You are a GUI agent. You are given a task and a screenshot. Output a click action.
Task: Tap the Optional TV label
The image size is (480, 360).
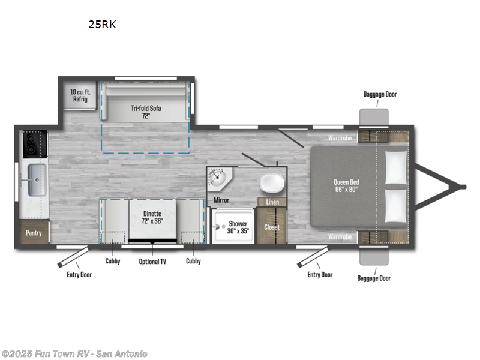[153, 262]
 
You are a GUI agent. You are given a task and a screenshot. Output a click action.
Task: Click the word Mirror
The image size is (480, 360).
[221, 200]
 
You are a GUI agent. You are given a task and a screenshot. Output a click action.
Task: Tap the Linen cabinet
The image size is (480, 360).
[272, 202]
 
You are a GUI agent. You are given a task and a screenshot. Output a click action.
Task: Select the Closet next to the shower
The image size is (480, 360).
[272, 227]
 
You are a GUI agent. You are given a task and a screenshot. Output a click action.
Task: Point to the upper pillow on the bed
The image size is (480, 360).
[396, 167]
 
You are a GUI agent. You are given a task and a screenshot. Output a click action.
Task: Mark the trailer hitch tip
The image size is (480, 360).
[463, 187]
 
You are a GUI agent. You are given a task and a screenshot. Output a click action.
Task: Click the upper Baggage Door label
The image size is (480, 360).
[380, 94]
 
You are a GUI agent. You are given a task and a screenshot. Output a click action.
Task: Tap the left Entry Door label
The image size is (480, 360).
[79, 275]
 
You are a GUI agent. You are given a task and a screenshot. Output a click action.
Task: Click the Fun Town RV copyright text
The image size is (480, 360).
[74, 353]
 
